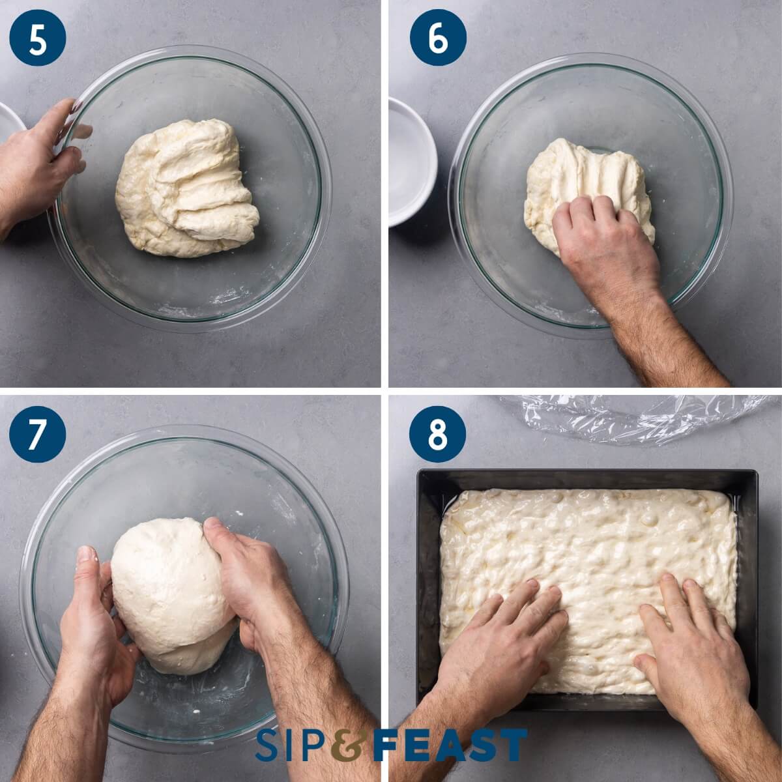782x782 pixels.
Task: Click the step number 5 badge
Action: (38, 39)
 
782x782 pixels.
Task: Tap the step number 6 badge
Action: (438, 39)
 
